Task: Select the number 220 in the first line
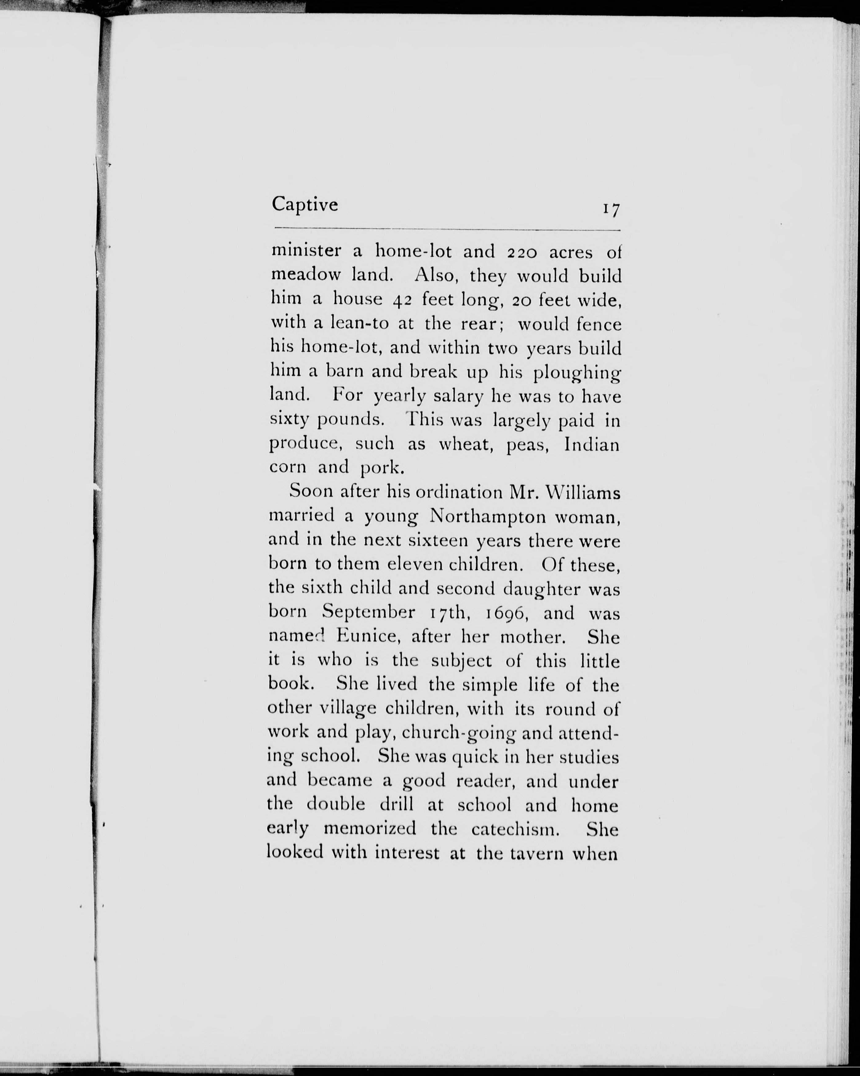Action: click(x=522, y=252)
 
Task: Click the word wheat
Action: click(x=466, y=444)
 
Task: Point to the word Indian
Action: click(x=591, y=444)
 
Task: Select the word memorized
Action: click(x=370, y=829)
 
